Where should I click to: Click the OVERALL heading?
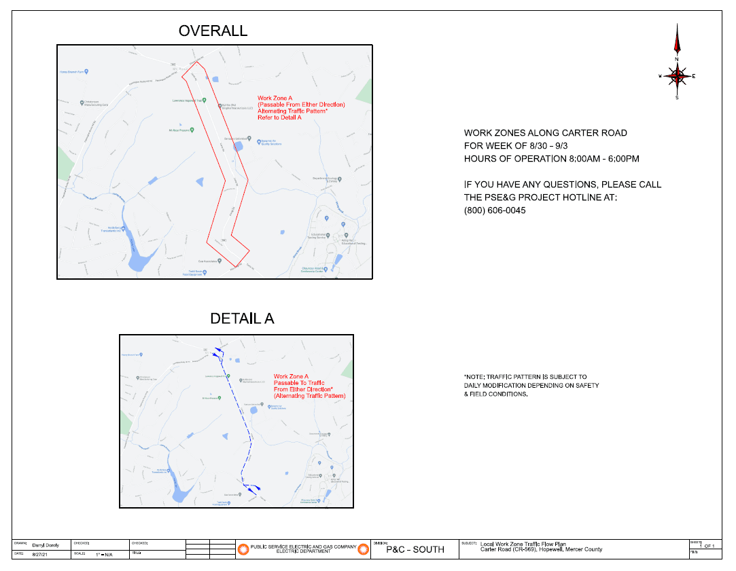(x=213, y=31)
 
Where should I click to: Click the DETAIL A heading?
(x=242, y=319)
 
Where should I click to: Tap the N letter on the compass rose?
(x=677, y=59)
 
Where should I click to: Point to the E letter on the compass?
(x=694, y=76)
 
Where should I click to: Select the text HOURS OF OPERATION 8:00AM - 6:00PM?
(x=551, y=159)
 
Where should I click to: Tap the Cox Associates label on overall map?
(x=209, y=261)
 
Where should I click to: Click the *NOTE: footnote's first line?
(x=525, y=377)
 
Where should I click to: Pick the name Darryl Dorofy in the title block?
(x=46, y=545)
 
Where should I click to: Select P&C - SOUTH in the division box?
(x=415, y=549)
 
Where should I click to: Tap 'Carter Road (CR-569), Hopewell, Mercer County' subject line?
(x=541, y=549)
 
